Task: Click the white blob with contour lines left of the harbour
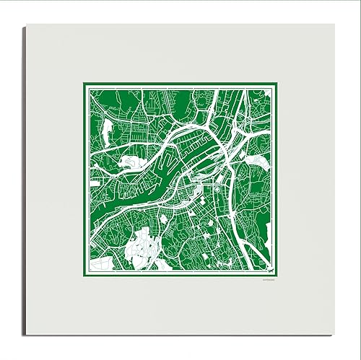pos(129,164)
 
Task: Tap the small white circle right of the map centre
pos(215,190)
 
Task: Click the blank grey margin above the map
pos(180,54)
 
